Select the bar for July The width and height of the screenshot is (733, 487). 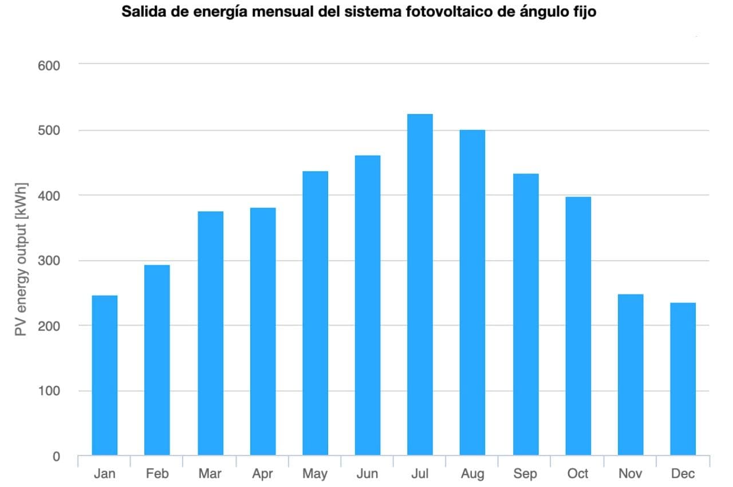420,285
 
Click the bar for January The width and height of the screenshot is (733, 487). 104,375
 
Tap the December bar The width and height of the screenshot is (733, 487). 683,379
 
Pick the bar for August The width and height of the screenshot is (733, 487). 472,293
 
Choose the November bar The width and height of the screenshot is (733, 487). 630,375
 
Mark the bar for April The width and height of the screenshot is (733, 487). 262,332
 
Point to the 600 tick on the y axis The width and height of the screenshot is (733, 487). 49,65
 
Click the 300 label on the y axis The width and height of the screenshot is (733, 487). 49,261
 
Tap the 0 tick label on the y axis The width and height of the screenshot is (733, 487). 56,457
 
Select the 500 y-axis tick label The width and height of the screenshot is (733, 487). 49,131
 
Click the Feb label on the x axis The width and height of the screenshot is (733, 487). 157,474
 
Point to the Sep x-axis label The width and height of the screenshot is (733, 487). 525,474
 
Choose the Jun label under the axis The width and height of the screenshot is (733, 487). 367,474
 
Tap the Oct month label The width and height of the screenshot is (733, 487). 578,474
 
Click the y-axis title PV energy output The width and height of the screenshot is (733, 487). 22,261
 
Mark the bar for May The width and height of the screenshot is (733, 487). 315,313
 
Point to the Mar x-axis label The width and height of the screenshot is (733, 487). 210,474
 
